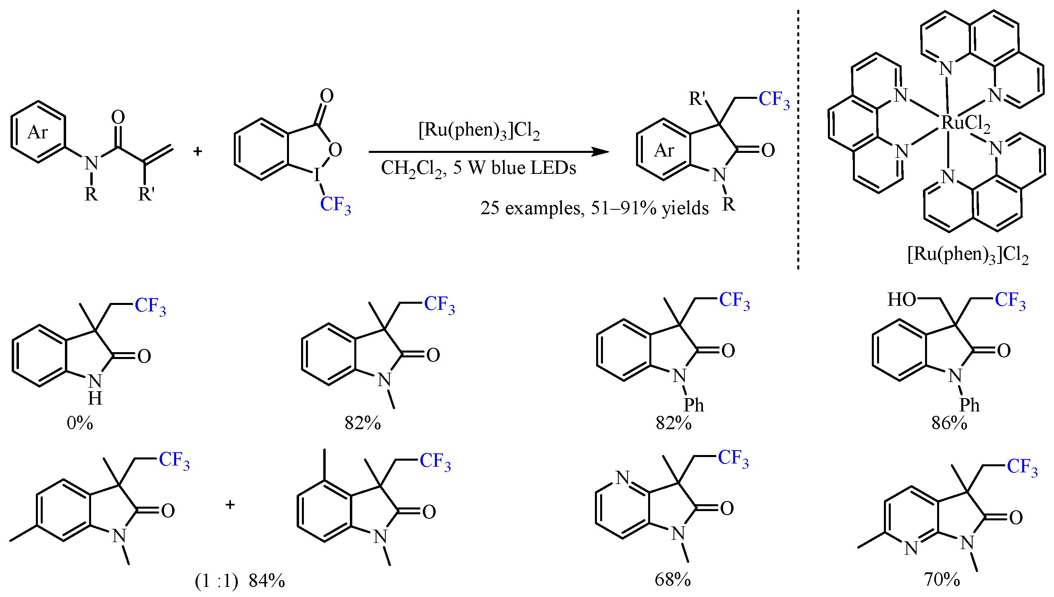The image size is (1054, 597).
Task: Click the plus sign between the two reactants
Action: click(197, 152)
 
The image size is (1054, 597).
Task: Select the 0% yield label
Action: click(80, 423)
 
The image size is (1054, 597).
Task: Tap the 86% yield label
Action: click(950, 423)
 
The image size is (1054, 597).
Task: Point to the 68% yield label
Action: click(673, 579)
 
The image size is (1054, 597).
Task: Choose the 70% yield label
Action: click(942, 579)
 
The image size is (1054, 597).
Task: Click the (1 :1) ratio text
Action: click(216, 581)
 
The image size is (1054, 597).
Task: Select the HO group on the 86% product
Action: click(901, 300)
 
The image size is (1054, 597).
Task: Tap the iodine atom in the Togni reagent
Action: click(316, 176)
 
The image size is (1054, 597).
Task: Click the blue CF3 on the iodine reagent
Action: click(335, 205)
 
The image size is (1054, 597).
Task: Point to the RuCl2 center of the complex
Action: click(965, 122)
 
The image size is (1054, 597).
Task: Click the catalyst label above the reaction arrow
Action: click(479, 130)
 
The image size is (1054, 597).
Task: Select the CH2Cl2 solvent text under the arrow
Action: click(412, 168)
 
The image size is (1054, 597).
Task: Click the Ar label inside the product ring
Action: click(664, 150)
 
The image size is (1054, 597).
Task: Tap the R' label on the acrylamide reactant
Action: click(146, 194)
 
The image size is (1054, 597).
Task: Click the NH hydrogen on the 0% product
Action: click(95, 398)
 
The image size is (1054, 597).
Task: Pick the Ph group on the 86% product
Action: click(970, 405)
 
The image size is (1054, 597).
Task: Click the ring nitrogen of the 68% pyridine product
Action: click(623, 477)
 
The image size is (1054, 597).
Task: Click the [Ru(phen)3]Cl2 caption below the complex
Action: click(968, 255)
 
